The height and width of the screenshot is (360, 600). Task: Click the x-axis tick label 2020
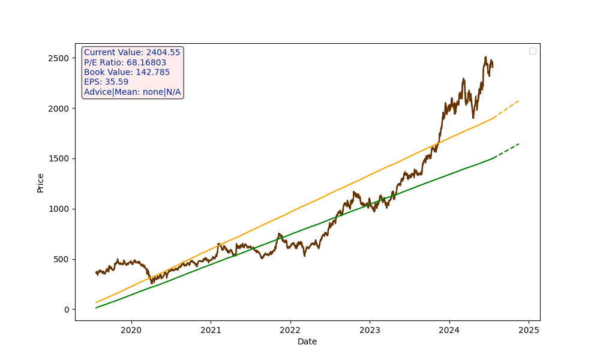131,330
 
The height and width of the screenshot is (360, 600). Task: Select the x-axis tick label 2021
211,330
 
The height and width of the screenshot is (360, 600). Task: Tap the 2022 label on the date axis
290,330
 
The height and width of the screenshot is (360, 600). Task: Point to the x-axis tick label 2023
370,330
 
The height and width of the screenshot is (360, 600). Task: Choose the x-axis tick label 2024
449,330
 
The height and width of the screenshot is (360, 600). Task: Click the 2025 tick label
529,330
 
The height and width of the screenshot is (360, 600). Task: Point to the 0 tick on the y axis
67,310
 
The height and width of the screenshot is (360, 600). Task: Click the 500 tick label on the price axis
62,259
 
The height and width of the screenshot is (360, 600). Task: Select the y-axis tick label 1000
59,209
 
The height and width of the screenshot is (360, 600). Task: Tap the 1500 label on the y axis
59,158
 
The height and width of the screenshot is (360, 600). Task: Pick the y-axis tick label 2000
59,108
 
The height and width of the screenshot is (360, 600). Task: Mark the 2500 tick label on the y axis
59,58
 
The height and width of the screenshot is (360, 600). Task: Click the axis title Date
307,342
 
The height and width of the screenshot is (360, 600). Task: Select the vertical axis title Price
41,182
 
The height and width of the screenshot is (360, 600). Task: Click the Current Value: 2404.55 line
132,53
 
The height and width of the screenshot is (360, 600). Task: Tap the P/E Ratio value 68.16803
146,62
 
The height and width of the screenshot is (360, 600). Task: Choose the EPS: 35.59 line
106,82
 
